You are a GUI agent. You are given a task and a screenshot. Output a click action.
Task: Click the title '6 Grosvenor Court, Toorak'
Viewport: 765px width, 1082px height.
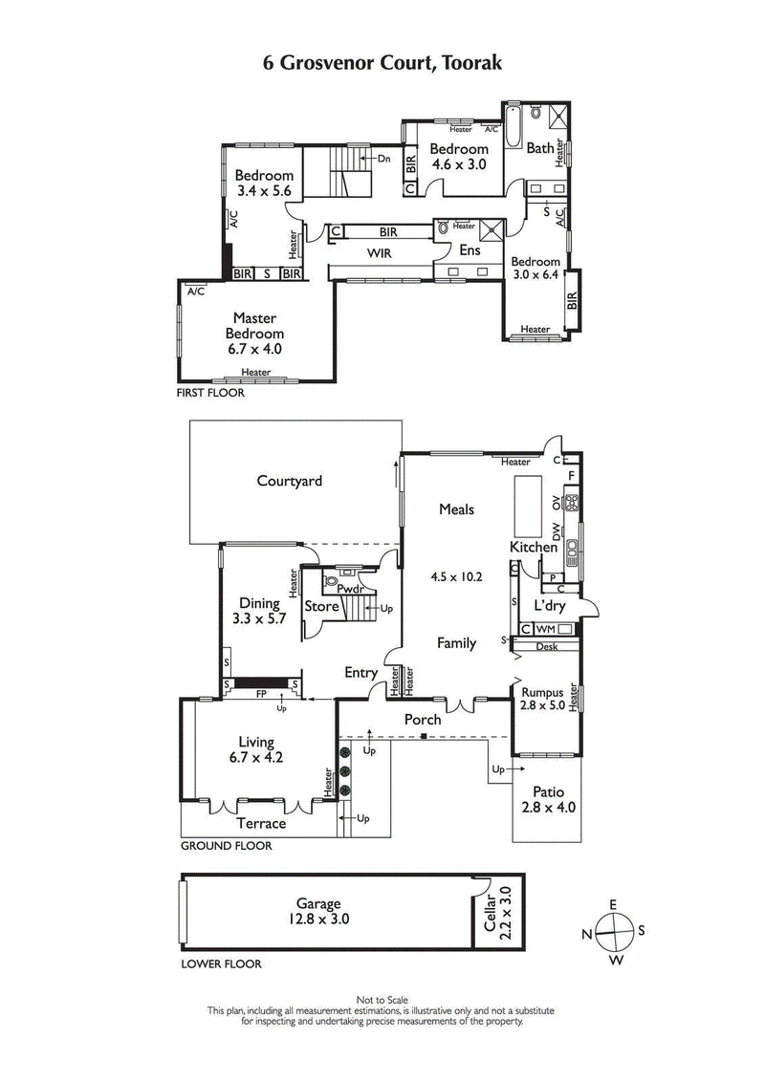coord(382,63)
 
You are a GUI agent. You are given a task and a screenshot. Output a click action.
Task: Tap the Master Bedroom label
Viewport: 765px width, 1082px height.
coord(254,326)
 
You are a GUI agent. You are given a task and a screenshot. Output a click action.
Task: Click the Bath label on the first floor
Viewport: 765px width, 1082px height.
coord(540,148)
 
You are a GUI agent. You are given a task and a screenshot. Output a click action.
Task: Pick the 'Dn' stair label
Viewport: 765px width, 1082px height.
coord(383,159)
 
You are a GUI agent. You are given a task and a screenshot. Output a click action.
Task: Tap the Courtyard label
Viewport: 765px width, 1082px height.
coord(289,481)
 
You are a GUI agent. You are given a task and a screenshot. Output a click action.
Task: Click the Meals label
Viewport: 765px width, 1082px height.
coord(456,509)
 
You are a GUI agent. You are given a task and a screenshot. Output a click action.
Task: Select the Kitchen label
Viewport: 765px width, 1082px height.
coord(533,547)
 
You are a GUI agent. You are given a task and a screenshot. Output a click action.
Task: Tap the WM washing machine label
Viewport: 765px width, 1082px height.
coord(545,629)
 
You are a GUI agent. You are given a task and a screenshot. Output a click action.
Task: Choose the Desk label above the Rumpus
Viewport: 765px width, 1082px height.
coord(546,647)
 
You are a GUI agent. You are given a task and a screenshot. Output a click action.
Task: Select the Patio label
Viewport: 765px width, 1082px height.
coord(547,791)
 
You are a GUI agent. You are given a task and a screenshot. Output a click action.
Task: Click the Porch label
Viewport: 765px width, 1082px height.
coord(423,719)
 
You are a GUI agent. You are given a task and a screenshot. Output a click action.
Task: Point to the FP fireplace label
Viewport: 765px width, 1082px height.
coord(260,697)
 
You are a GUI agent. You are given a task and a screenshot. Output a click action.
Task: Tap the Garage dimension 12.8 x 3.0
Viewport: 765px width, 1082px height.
coord(318,918)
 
